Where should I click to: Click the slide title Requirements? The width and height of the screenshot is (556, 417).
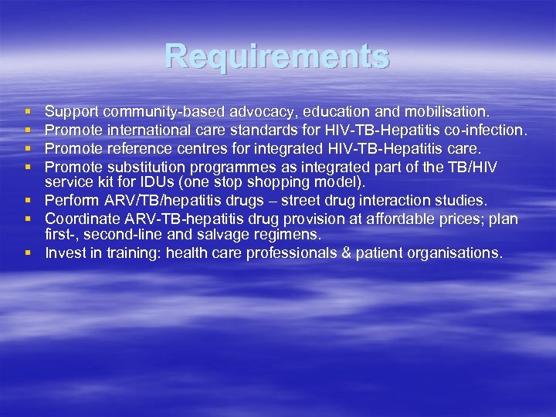(277, 56)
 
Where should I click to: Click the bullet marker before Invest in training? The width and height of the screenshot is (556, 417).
(27, 253)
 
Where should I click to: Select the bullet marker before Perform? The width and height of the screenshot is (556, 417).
(27, 201)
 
